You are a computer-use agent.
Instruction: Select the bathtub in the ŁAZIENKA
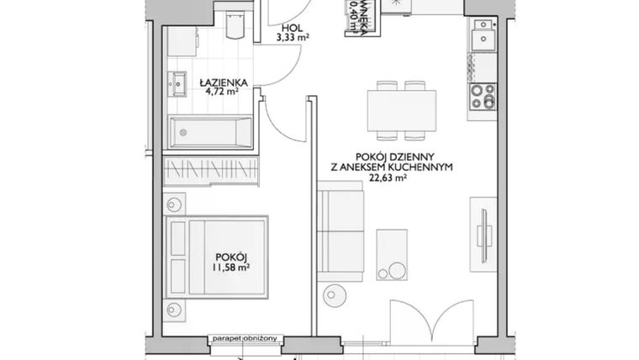pyautogui.click(x=212, y=131)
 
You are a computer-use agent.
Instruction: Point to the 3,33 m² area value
pyautogui.click(x=290, y=37)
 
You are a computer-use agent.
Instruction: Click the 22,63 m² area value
pyautogui.click(x=405, y=177)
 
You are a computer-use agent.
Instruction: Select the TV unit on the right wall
pyautogui.click(x=483, y=228)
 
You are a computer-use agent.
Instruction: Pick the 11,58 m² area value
pyautogui.click(x=230, y=269)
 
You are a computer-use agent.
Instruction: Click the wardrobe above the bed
pyautogui.click(x=210, y=168)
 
